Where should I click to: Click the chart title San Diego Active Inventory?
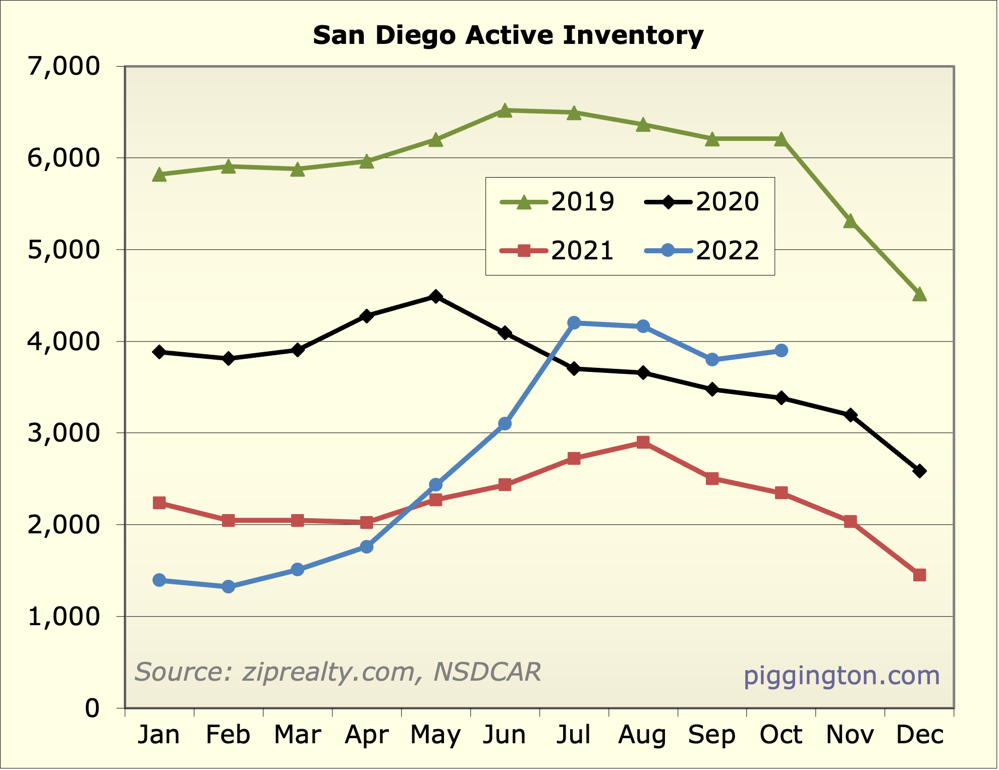click(x=508, y=35)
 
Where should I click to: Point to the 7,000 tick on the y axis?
click(x=64, y=66)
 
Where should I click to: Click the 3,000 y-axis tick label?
click(x=64, y=433)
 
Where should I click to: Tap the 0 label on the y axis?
click(x=92, y=708)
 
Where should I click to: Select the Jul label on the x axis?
click(x=574, y=735)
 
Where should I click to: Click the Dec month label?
click(x=919, y=735)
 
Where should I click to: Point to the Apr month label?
click(x=367, y=735)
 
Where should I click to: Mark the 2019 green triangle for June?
click(x=505, y=111)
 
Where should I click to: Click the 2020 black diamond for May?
click(x=436, y=296)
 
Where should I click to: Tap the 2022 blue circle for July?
click(x=574, y=323)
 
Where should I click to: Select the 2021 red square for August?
click(x=643, y=443)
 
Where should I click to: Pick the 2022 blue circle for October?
click(x=781, y=350)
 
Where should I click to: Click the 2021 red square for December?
click(x=919, y=575)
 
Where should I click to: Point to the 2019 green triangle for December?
click(x=919, y=294)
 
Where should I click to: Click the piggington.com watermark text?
click(x=842, y=675)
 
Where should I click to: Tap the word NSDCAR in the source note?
click(x=487, y=672)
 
